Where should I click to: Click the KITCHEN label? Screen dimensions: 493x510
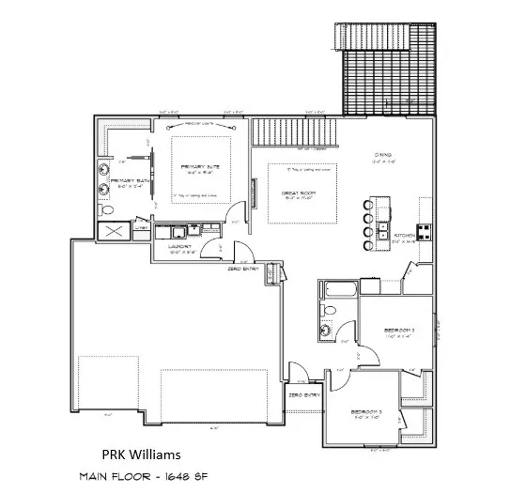(x=404, y=236)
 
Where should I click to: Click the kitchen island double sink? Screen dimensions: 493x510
(x=383, y=230)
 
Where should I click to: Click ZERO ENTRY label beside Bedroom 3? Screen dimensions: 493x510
(x=305, y=395)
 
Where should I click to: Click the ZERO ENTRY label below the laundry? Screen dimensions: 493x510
(x=243, y=269)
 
